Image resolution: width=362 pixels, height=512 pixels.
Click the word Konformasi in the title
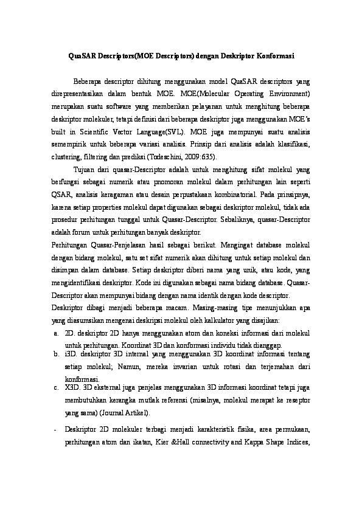[x=271, y=57]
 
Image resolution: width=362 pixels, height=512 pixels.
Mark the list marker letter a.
[x=55, y=333]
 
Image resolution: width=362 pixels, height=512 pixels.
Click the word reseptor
[x=296, y=401]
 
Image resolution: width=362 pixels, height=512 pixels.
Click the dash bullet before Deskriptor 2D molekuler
[x=55, y=430]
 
